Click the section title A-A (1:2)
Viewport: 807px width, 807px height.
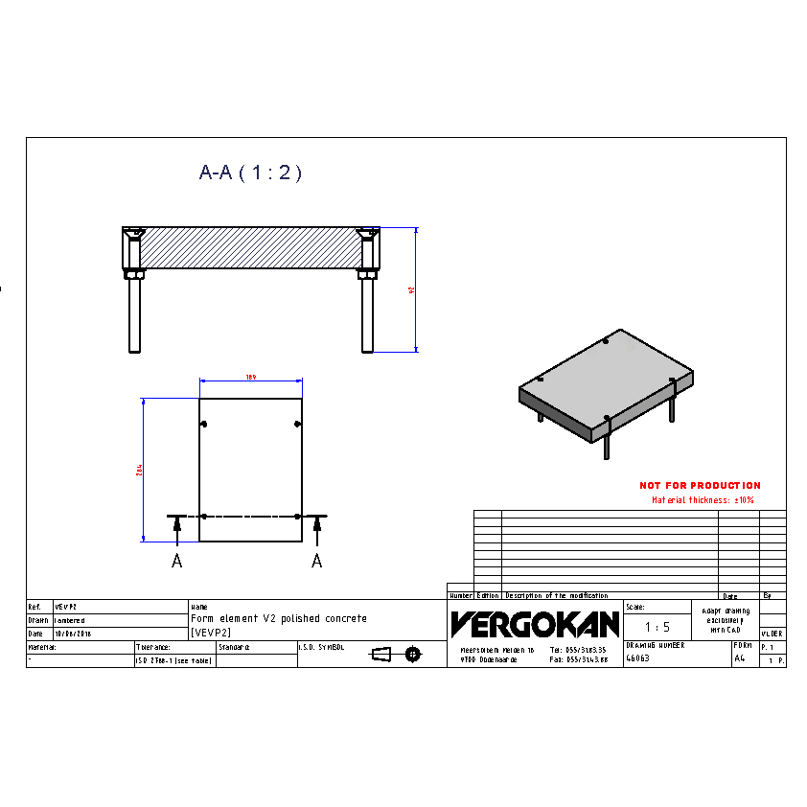(x=250, y=173)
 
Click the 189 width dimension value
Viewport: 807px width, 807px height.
(x=250, y=377)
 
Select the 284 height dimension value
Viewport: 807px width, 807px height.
(x=139, y=470)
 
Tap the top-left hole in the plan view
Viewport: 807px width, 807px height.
(x=202, y=425)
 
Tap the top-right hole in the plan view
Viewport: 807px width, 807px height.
(x=298, y=425)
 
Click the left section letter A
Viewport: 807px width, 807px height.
(x=176, y=562)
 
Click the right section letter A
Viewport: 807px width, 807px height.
(x=317, y=562)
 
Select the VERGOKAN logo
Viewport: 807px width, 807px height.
(x=535, y=625)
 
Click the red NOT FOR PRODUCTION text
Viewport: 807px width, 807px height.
(x=700, y=486)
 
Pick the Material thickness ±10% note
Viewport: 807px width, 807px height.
(x=703, y=500)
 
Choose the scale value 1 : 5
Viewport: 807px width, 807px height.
(x=657, y=627)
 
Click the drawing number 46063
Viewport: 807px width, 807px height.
(x=637, y=658)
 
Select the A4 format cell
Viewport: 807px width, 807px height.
(x=739, y=658)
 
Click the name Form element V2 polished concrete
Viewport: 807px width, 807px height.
(x=279, y=619)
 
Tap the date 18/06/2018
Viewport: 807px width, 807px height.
(x=73, y=634)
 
